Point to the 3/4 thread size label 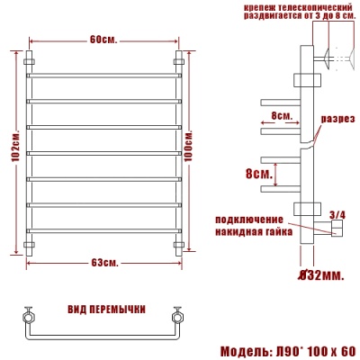[337, 214]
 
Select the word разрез [338, 120]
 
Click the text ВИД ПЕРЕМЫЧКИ [106, 309]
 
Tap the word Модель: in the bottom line [244, 350]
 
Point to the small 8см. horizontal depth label [281, 116]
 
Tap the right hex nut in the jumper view [176, 318]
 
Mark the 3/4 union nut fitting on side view [337, 232]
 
